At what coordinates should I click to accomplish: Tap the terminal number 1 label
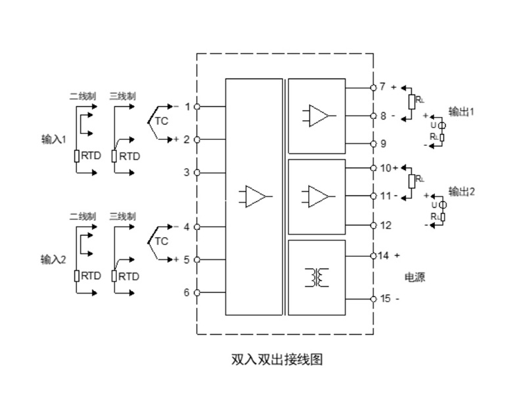(x=187, y=106)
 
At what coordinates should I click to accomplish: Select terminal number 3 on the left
(x=187, y=172)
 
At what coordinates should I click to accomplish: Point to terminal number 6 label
(x=187, y=292)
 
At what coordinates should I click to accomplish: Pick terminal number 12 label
(x=386, y=225)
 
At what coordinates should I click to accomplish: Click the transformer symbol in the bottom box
(x=316, y=278)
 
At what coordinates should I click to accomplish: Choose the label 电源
(x=415, y=278)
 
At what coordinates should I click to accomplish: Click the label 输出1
(x=461, y=112)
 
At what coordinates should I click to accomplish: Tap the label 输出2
(x=461, y=192)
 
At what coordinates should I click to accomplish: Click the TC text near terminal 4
(x=162, y=241)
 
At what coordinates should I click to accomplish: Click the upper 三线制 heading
(x=123, y=96)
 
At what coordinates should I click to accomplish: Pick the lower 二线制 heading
(x=83, y=216)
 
